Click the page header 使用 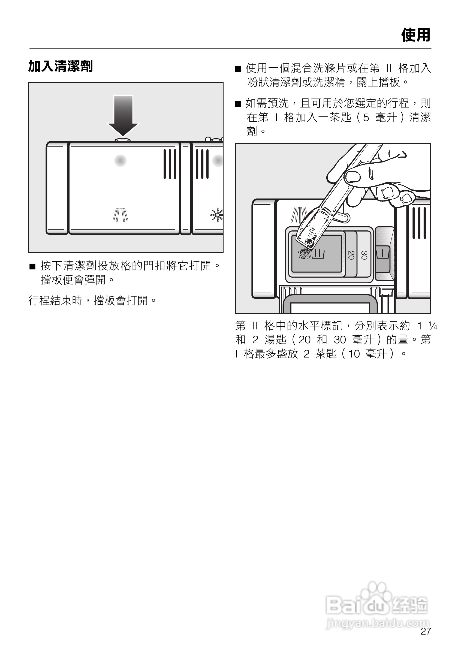(x=416, y=35)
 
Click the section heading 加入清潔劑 (x=61, y=67)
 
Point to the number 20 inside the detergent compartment (x=351, y=255)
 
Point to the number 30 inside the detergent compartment (x=364, y=255)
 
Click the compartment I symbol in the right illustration (x=383, y=253)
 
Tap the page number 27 (x=426, y=631)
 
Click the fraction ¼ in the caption (x=433, y=326)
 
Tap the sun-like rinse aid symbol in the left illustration (x=217, y=215)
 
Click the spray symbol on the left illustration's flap (x=120, y=215)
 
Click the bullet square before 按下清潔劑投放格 (x=32, y=266)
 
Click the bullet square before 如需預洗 (x=238, y=104)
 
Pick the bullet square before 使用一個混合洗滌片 (x=238, y=69)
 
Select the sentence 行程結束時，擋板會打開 (x=92, y=301)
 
